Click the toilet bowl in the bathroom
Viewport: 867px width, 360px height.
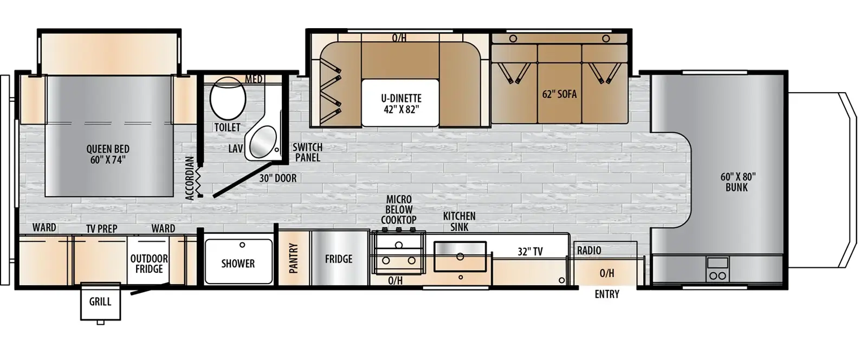click(228, 99)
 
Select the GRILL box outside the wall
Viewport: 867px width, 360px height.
click(100, 302)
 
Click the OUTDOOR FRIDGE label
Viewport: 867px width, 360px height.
click(149, 263)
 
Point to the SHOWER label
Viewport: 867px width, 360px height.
click(238, 263)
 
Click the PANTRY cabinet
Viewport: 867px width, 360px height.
click(294, 258)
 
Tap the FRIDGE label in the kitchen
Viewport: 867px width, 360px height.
click(339, 259)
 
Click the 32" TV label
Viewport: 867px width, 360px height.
click(530, 252)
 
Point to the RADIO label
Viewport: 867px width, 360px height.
click(589, 250)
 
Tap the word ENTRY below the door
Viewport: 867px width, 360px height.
click(607, 294)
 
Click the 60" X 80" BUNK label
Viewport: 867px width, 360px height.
click(737, 182)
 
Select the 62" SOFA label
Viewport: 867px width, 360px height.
click(560, 94)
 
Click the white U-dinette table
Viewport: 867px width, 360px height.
click(400, 103)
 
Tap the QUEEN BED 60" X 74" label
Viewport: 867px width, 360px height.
click(108, 154)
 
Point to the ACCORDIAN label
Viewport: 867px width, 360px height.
click(190, 178)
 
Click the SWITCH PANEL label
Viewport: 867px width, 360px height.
click(307, 152)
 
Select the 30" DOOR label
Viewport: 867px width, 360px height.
click(277, 178)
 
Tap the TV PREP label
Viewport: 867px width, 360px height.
click(102, 229)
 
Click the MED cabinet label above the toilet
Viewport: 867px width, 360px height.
click(254, 79)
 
